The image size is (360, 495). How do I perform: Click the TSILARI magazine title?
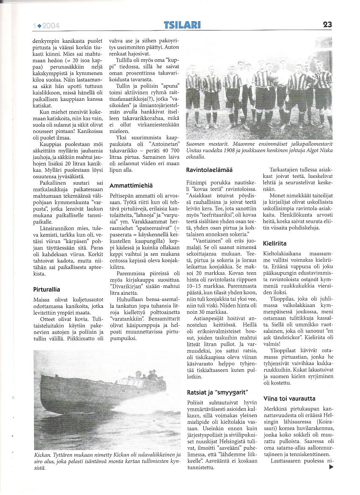[182, 25]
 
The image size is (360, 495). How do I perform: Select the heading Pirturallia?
[49, 290]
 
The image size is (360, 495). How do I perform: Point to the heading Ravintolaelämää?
[209, 169]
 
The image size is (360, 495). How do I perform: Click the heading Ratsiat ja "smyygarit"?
[217, 392]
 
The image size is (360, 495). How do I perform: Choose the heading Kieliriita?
[274, 243]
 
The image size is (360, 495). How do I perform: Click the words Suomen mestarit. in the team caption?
[205, 145]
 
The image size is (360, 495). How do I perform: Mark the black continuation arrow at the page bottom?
[331, 467]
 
